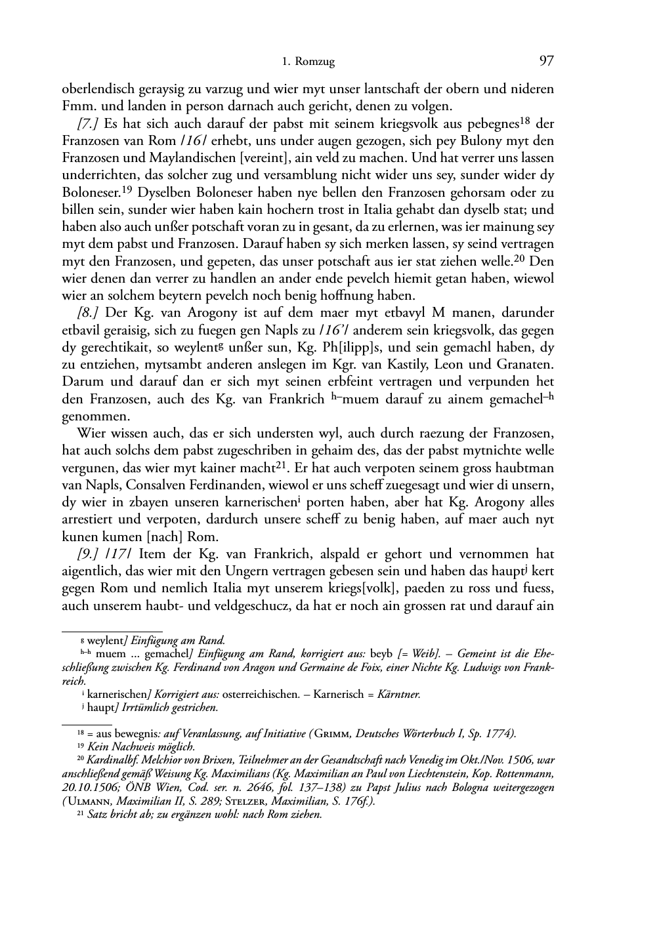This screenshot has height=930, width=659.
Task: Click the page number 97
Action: [x=546, y=62]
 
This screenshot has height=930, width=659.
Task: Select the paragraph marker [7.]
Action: [x=88, y=124]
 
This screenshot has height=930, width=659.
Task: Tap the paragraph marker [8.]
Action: [x=88, y=313]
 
